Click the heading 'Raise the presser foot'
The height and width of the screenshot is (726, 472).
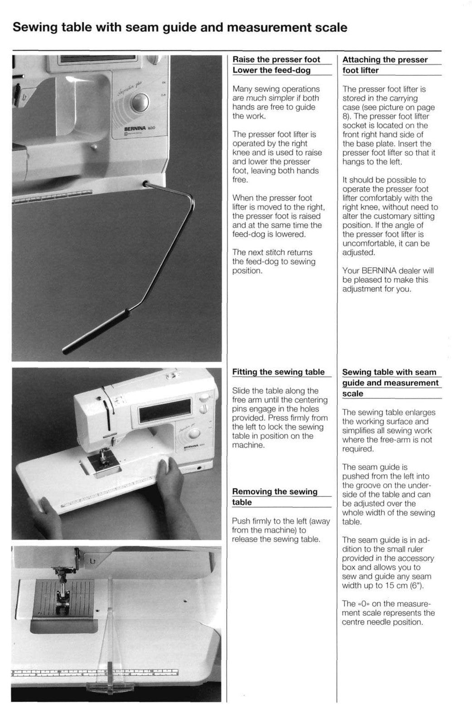(276, 59)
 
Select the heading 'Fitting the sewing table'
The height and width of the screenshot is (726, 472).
(278, 372)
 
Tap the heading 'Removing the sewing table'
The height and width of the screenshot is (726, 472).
(274, 497)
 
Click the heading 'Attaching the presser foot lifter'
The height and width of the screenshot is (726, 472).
(384, 65)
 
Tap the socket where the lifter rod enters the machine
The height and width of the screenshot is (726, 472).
(146, 184)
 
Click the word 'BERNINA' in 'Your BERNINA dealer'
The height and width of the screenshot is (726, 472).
(380, 271)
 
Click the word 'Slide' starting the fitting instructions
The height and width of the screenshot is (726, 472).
(241, 391)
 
